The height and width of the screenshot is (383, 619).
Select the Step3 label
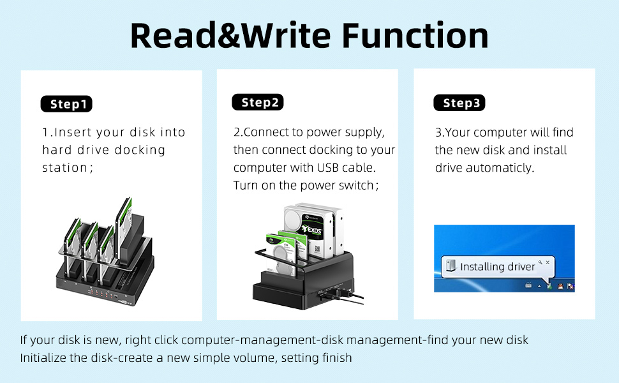(459, 103)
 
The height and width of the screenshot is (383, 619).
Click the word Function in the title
(415, 36)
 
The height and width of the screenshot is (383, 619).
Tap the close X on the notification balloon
(548, 262)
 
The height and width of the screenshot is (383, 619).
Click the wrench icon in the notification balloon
(540, 262)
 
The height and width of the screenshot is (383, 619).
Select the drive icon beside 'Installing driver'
(451, 266)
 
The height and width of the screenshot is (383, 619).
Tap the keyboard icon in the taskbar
(528, 285)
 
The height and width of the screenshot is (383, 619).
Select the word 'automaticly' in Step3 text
(502, 168)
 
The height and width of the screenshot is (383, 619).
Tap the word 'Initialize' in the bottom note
(46, 357)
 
